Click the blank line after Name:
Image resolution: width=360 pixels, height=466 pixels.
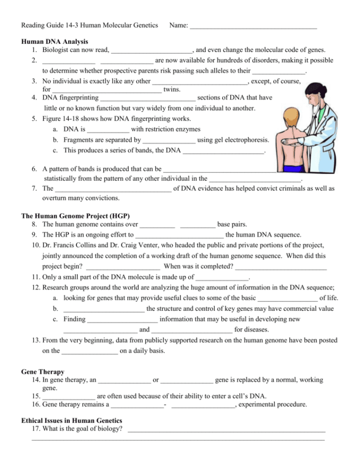[253, 25]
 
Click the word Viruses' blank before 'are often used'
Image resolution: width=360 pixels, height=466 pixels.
[69, 397]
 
